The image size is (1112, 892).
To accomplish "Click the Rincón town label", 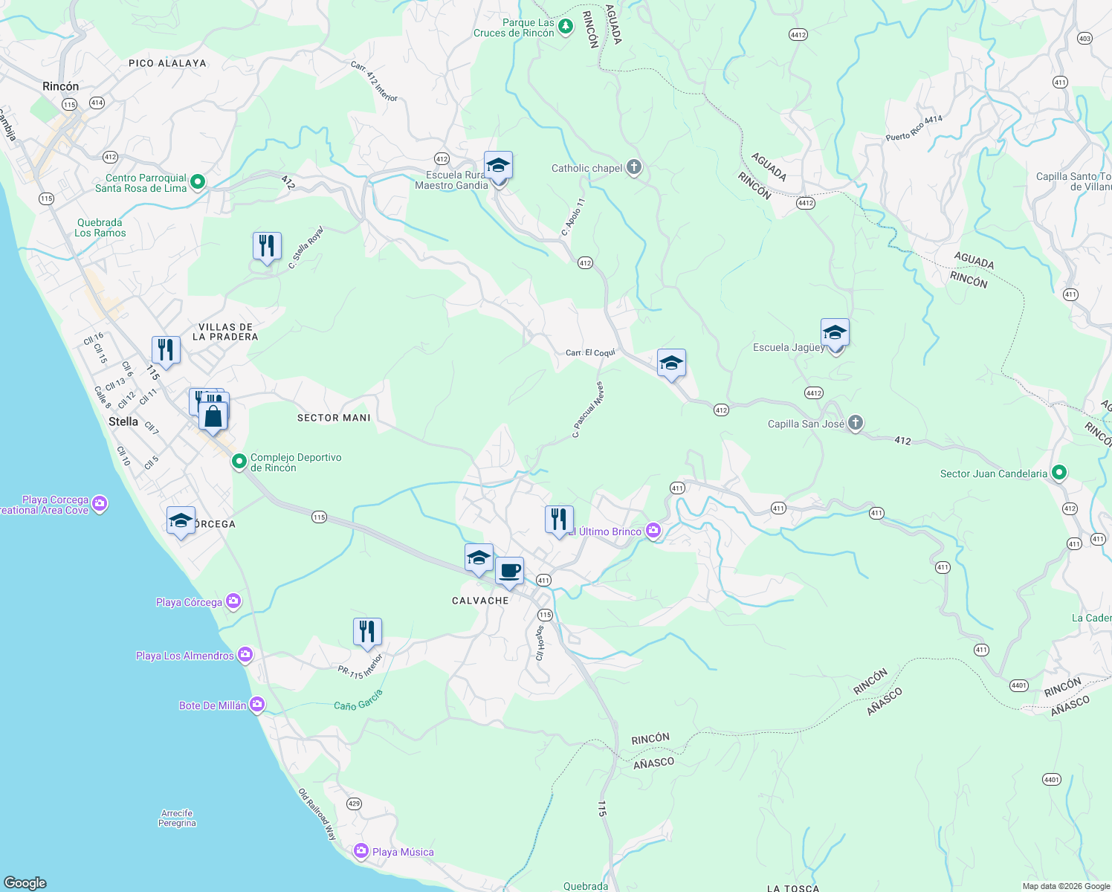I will pos(60,86).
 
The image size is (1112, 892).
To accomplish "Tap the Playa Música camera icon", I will pos(361,851).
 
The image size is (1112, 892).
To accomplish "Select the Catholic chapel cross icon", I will pos(633,167).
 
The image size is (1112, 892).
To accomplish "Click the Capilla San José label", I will pos(806,424).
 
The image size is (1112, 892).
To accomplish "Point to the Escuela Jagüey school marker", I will pos(835,333).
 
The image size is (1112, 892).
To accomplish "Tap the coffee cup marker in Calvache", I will pos(509,572).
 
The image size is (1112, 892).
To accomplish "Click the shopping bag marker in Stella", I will pos(213,416).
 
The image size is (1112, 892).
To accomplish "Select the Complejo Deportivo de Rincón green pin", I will pos(239,462).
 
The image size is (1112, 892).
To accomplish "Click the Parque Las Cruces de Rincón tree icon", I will pos(566,28).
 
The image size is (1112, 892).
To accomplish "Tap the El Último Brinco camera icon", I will pos(653,530).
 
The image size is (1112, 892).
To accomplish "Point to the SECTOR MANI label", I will pos(334,418).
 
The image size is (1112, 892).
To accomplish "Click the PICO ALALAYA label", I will pos(167,63).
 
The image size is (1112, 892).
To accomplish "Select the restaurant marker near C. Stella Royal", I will pos(267,246).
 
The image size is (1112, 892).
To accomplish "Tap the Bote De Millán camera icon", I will pos(257,704).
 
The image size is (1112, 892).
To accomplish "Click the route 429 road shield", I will pos(354,804).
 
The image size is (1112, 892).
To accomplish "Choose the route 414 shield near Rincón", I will pos(97,103).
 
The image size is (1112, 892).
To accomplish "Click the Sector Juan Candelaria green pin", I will pos(1059,473).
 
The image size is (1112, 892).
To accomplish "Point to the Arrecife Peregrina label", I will pos(177,818).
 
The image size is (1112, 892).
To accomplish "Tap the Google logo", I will pos(25,882).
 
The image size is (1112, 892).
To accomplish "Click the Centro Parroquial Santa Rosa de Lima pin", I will pos(198,182).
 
